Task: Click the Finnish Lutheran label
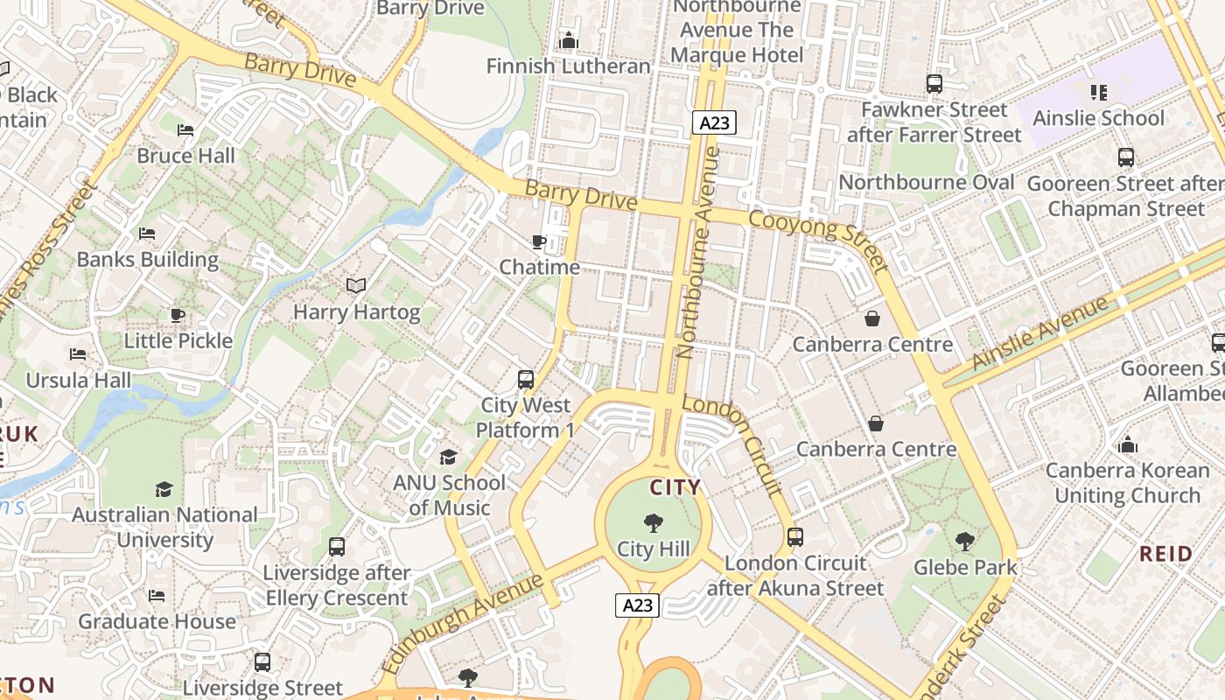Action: (569, 66)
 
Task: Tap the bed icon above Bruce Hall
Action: (185, 130)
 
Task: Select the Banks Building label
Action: (148, 260)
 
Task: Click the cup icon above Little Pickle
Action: (178, 315)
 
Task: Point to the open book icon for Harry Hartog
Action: (356, 286)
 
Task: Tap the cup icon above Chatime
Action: (539, 241)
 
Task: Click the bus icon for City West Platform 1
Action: (525, 380)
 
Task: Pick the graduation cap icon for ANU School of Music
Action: (448, 457)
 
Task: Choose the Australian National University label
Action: (164, 527)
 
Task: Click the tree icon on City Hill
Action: (653, 523)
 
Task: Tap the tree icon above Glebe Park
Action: (965, 542)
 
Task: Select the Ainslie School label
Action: (1099, 118)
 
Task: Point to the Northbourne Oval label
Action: (927, 183)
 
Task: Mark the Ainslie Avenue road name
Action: (1040, 333)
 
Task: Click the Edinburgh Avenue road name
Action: (464, 622)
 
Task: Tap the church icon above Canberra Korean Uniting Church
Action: (1128, 444)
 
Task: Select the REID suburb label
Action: (1166, 554)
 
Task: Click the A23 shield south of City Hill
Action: (637, 605)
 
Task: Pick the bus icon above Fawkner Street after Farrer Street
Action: (934, 84)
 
